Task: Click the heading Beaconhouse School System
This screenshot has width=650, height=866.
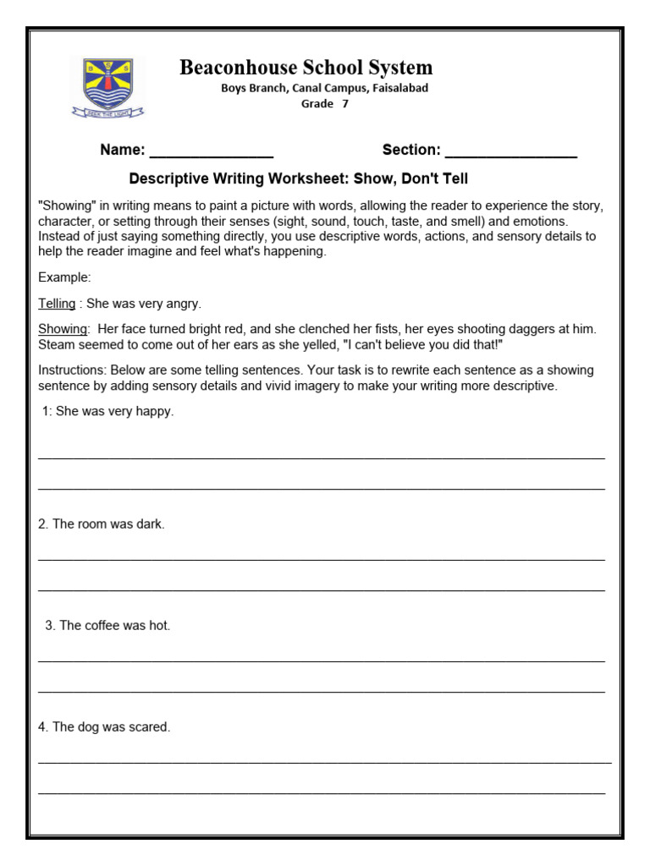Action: (x=306, y=68)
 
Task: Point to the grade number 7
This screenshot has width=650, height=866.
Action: (x=344, y=104)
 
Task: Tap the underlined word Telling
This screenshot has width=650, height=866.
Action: (x=57, y=304)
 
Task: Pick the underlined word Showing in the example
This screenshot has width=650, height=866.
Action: (x=63, y=329)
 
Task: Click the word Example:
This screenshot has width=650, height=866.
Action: (x=64, y=277)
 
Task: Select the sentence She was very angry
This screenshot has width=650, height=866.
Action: (x=144, y=304)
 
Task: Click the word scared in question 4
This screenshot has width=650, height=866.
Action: (x=150, y=727)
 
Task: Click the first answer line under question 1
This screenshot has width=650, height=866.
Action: (x=322, y=458)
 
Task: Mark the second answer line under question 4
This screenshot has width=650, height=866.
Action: (x=322, y=793)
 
